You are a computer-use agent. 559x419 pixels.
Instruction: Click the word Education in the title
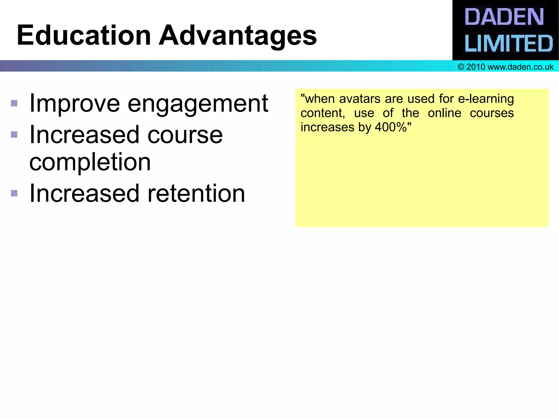coord(84,35)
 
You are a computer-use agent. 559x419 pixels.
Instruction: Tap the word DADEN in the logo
coord(504,17)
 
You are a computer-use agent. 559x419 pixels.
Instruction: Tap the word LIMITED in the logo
coord(509,43)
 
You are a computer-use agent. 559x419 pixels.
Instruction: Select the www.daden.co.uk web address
coord(520,67)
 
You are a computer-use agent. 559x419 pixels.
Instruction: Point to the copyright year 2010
coord(475,67)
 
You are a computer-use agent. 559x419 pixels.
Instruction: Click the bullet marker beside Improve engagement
coord(14,103)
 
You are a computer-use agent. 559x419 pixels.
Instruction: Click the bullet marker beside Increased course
coord(14,135)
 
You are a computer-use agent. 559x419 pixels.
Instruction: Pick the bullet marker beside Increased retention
coord(14,193)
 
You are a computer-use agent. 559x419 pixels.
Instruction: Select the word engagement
coord(198,104)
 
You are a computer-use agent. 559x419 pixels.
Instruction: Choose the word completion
coord(90,162)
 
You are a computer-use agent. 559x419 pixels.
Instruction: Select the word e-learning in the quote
coord(486,99)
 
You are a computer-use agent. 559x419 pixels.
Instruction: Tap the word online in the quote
coord(444,113)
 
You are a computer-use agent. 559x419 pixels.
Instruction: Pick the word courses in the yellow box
coord(492,113)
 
